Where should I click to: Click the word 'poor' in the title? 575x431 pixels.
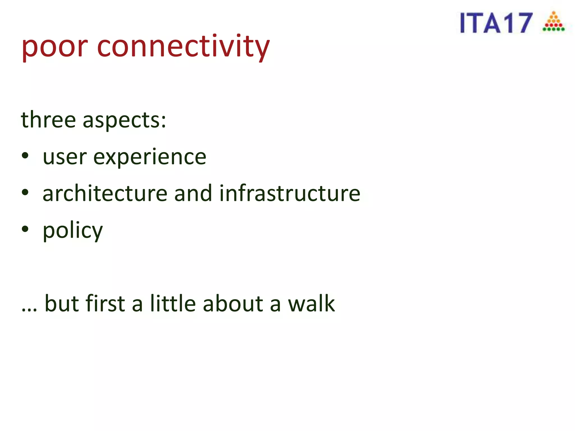point(54,47)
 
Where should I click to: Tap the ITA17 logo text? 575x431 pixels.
point(496,23)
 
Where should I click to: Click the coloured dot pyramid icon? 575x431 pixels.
point(553,22)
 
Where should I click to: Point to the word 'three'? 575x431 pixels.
point(48,120)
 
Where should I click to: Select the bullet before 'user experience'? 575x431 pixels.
point(25,156)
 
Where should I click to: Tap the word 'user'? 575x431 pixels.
point(65,157)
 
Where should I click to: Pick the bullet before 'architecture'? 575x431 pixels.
point(25,192)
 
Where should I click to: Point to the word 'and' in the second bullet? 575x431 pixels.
point(193,193)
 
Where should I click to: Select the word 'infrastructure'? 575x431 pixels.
point(289,193)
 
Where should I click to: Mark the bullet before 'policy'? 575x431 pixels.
point(25,229)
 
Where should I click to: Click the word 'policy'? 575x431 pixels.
point(73,231)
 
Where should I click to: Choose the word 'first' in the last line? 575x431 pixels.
point(105,303)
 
